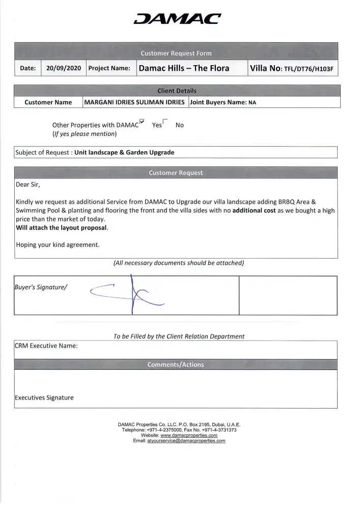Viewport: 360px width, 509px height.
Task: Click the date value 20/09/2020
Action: [x=64, y=68]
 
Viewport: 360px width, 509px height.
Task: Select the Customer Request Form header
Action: [x=176, y=53]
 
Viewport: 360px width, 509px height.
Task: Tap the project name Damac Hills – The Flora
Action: [x=184, y=68]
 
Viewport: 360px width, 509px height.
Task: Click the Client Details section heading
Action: [x=177, y=91]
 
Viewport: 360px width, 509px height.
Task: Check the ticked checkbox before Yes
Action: [x=142, y=122]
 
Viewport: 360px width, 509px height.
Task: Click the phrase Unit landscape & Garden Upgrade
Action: [x=124, y=152]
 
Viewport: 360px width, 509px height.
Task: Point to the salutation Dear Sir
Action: [x=27, y=184]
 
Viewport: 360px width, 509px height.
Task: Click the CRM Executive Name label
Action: [x=46, y=346]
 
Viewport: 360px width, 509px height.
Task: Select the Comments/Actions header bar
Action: [x=176, y=364]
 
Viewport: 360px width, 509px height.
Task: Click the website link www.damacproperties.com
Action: [x=189, y=436]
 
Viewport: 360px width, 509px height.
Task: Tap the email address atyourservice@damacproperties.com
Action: [x=186, y=441]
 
